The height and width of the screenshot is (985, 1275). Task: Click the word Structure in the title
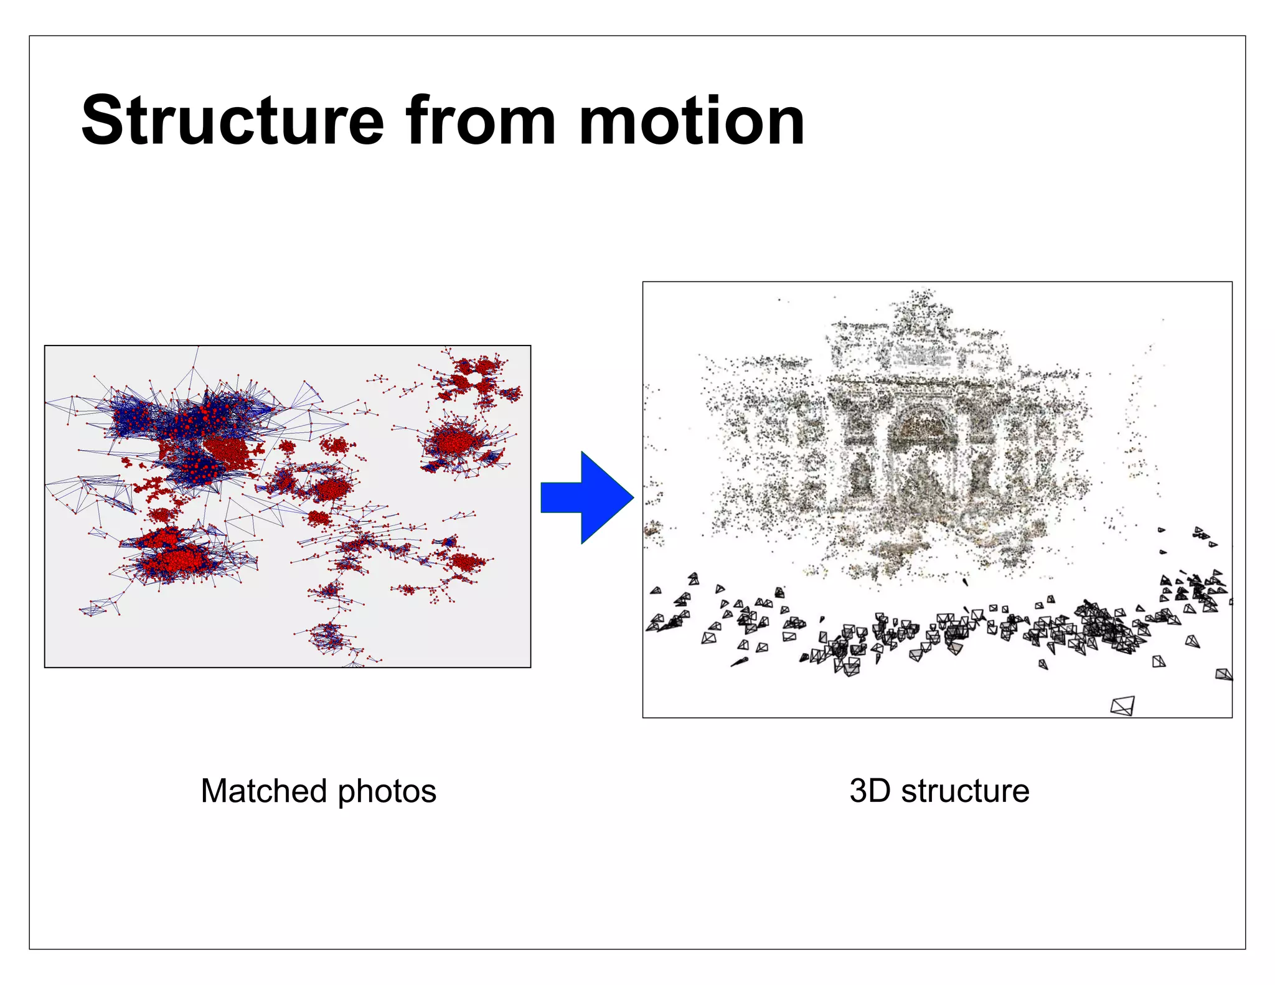click(233, 121)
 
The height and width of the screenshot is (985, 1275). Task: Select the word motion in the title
click(692, 121)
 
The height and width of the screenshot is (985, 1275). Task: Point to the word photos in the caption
click(387, 791)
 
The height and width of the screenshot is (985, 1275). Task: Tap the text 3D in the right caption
click(870, 791)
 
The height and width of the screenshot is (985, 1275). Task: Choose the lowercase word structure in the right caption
click(965, 791)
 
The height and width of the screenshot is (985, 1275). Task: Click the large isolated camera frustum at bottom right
click(1122, 706)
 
